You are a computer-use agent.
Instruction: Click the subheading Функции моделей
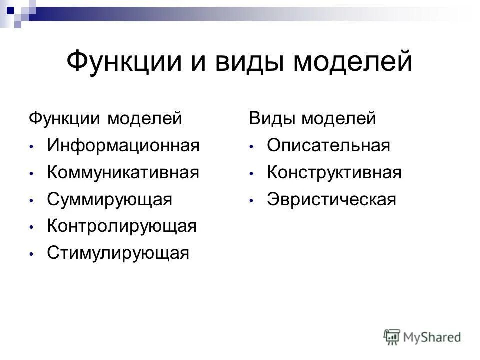pos(105,119)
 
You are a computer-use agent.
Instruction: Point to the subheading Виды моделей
pos(312,119)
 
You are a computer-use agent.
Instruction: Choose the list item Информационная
pos(123,146)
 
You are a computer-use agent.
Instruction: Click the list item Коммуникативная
pos(123,173)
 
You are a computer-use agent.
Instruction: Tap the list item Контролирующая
pos(122,226)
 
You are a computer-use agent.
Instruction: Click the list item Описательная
pos(328,146)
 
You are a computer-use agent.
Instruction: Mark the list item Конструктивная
pos(334,173)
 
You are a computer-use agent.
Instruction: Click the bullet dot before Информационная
pos(31,147)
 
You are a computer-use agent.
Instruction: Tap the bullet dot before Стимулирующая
pos(31,254)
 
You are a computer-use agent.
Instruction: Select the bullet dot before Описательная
pos(252,147)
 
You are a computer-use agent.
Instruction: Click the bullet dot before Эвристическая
pos(252,200)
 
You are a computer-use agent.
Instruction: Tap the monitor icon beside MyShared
pos(392,336)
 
